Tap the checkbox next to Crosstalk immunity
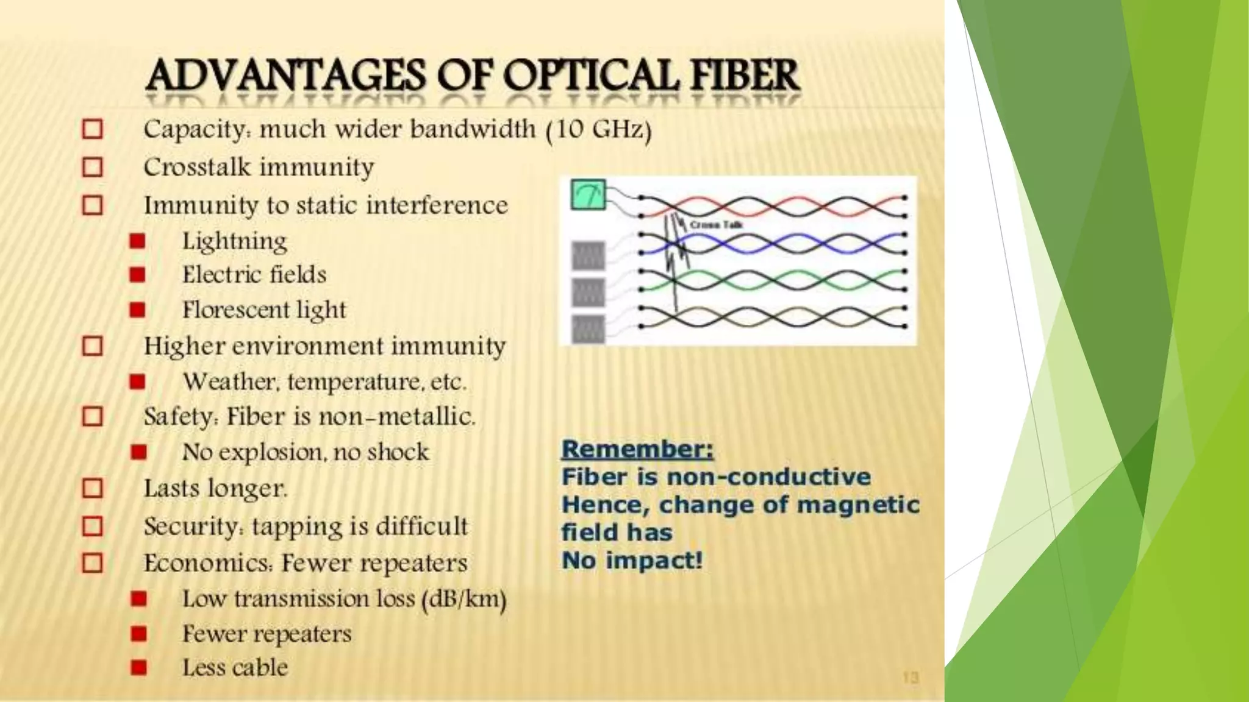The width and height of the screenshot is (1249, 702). point(93,167)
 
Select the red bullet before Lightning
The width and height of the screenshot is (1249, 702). point(138,241)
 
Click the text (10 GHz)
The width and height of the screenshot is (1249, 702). point(599,130)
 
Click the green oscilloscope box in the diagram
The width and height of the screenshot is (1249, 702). point(588,195)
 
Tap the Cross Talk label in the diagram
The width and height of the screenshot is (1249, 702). point(716,225)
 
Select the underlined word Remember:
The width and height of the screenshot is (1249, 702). point(637,449)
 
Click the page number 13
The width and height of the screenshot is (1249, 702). point(910,678)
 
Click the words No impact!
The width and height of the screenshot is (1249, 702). point(632,560)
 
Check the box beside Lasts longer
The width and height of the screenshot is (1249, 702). point(93,488)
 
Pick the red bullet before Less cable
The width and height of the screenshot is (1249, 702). point(138,668)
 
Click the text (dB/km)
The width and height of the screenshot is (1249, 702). point(463,599)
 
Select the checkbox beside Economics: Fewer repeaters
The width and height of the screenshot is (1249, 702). point(93,563)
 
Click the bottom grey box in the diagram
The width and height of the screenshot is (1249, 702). point(588,329)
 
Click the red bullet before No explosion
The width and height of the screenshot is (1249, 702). point(138,452)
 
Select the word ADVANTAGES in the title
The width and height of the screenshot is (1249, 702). point(285,76)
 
